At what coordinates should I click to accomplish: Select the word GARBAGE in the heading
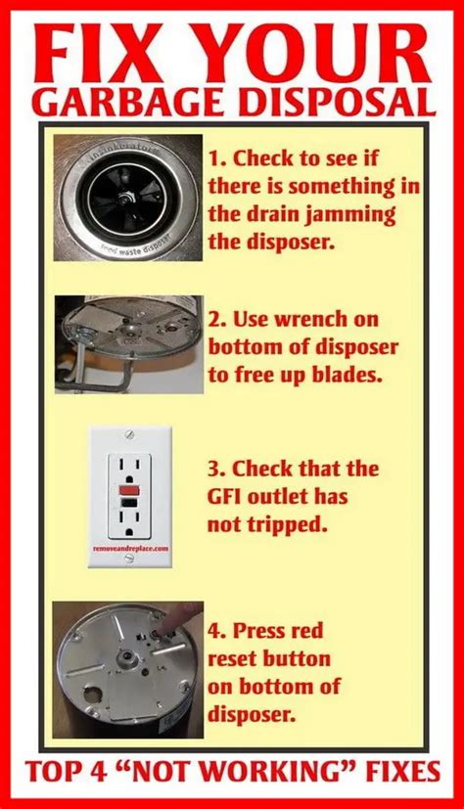click(x=122, y=102)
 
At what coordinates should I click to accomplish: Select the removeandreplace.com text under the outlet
click(x=130, y=550)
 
